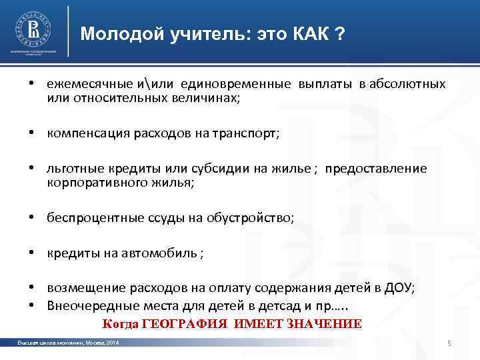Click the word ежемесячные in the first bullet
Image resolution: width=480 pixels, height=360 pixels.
click(83, 85)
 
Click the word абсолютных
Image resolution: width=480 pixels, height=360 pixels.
click(409, 85)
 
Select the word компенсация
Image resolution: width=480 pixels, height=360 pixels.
click(83, 133)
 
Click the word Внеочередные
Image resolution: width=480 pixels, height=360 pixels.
click(86, 305)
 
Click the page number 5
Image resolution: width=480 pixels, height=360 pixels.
click(449, 343)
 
